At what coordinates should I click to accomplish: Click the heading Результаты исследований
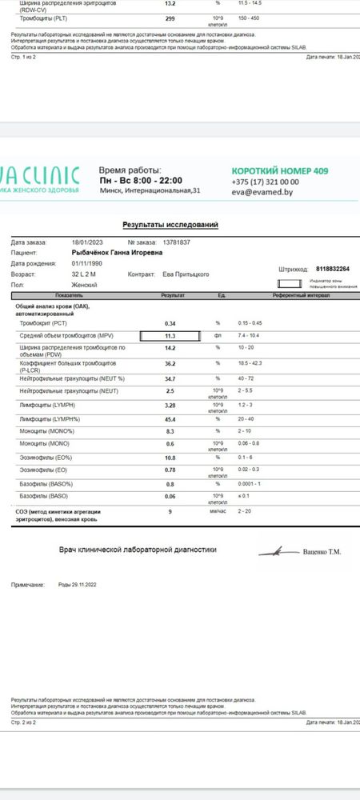pos(170,226)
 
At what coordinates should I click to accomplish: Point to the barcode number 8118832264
pos(334,269)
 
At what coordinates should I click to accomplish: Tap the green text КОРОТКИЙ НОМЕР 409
pos(279,171)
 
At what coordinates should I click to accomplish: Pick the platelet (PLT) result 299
pos(170,17)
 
